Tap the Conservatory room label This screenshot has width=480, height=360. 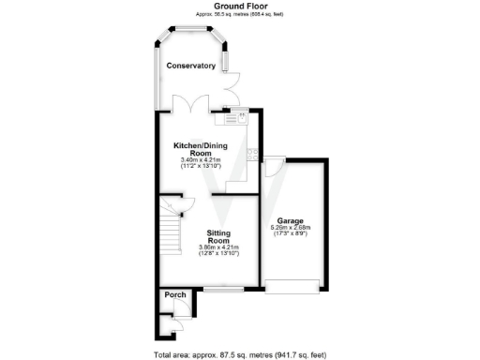[190, 66]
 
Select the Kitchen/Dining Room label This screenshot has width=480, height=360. [200, 149]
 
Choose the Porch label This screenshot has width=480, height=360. [174, 295]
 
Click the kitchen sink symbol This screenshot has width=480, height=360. [232, 117]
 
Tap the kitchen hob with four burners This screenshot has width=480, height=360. [252, 156]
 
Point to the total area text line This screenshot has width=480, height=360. [240, 354]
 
